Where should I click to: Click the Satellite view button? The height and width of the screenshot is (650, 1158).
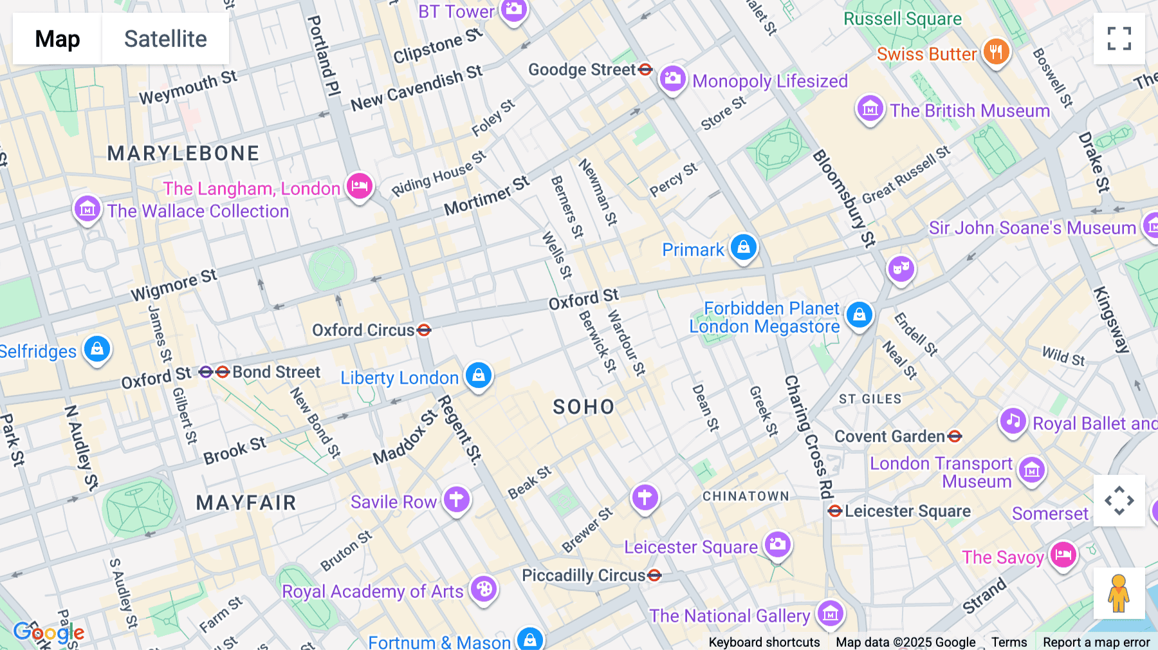[x=165, y=39]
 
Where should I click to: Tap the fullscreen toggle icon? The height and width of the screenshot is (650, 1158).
[x=1119, y=39]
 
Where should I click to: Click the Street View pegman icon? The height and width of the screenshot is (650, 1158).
[x=1119, y=593]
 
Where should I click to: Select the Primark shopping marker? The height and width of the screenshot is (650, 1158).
[x=744, y=247]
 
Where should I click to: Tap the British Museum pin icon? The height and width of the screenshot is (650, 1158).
[x=870, y=109]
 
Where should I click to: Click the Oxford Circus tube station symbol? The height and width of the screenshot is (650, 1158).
[x=424, y=330]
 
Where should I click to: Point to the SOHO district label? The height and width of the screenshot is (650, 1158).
[x=584, y=407]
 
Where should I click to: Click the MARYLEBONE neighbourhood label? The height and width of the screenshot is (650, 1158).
[x=183, y=153]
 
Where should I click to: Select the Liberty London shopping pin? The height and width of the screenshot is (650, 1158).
[x=479, y=375]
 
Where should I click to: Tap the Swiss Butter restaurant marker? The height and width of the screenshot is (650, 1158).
[x=996, y=51]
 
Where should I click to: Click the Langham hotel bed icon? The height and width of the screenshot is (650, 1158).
[x=360, y=187]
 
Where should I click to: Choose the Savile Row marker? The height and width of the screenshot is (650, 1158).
[x=456, y=499]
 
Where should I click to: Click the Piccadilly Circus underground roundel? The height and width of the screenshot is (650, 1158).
[x=654, y=575]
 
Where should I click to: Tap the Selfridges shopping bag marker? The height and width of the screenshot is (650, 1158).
[x=97, y=349]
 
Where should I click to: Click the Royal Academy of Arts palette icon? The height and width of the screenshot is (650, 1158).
[x=484, y=589]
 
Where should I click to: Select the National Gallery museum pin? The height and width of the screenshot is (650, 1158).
[x=830, y=614]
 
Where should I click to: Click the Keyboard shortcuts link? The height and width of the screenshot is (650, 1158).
[x=764, y=642]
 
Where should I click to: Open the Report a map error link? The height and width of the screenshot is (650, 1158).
[x=1096, y=642]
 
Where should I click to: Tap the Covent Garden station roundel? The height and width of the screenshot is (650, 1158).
[x=955, y=436]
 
